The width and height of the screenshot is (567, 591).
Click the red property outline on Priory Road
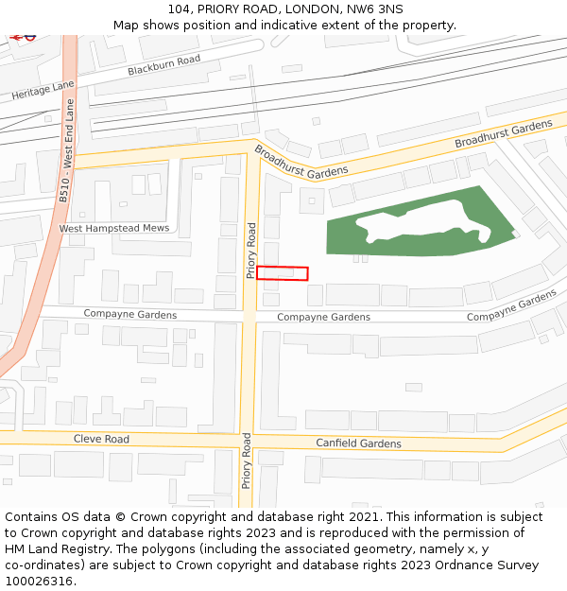coord(282,273)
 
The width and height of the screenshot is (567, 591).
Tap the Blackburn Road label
coord(164,65)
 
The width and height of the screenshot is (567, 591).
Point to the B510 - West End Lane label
coord(66,165)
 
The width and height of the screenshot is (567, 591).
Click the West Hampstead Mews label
coord(113,229)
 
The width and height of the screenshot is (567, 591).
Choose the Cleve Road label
coord(101,440)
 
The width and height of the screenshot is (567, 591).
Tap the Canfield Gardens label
coord(358,443)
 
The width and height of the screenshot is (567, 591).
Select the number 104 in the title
coord(180,9)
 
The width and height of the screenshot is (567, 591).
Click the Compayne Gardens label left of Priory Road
coord(129,315)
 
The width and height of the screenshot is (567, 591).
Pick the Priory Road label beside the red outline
coord(251,251)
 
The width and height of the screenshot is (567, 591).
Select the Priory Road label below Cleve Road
coord(247,461)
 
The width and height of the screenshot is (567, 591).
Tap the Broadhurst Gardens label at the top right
coord(503,134)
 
